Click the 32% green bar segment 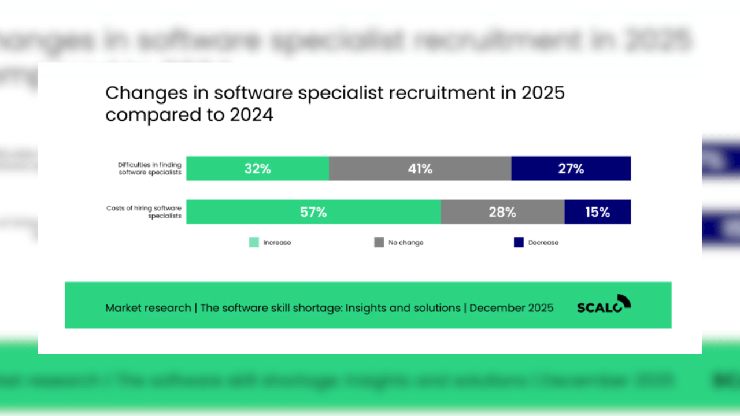pos(257,169)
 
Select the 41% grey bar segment pos(420,169)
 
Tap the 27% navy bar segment pos(571,169)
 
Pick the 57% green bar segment pos(313,212)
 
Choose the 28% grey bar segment pos(502,212)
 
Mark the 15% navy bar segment pos(597,212)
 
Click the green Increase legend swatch pos(254,243)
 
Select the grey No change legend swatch pos(379,243)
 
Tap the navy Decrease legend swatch pos(519,243)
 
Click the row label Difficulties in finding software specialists pos(150,169)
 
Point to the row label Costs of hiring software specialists pos(144,212)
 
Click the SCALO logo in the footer pos(604,304)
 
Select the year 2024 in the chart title pos(251,115)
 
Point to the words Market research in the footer pos(148,308)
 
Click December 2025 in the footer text pos(511,308)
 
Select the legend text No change pos(406,243)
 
